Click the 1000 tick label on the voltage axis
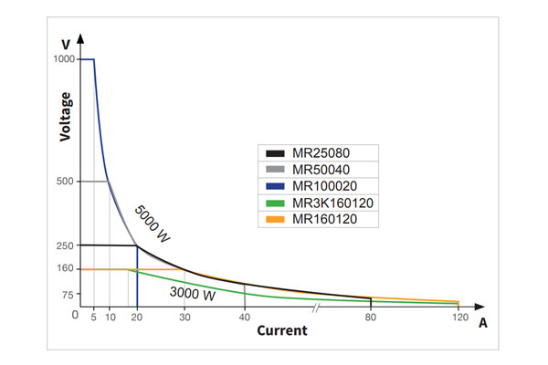(x=63, y=59)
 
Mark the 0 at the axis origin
(x=74, y=314)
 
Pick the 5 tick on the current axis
(x=94, y=317)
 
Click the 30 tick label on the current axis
(x=184, y=317)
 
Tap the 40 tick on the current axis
(x=244, y=317)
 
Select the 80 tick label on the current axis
(x=371, y=317)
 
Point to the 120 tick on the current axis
(x=458, y=317)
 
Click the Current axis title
(x=281, y=330)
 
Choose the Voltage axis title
(x=65, y=115)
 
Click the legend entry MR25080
(x=317, y=152)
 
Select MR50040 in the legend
(x=317, y=169)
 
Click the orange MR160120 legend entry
(x=321, y=219)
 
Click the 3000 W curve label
(x=193, y=294)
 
